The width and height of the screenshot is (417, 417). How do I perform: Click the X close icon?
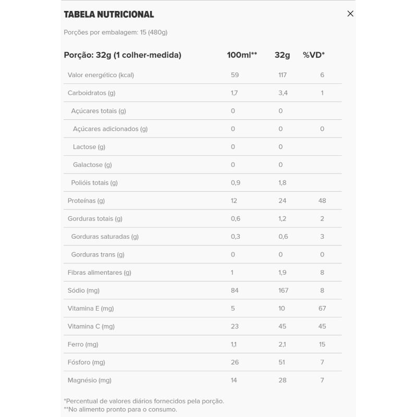[x=350, y=14]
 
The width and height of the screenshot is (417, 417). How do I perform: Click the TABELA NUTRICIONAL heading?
[x=108, y=15]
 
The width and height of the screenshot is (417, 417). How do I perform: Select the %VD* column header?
[x=314, y=55]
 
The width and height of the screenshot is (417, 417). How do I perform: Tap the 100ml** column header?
[x=242, y=55]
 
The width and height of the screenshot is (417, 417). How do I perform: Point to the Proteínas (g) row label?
[x=86, y=201]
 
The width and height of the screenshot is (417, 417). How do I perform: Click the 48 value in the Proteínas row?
[x=322, y=201]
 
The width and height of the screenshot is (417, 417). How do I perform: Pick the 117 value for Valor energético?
[x=283, y=75]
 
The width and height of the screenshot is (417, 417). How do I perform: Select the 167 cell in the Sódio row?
[x=283, y=290]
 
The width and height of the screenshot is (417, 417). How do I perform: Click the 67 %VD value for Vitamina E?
[x=322, y=309]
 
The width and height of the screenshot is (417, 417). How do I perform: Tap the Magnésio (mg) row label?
[x=89, y=381]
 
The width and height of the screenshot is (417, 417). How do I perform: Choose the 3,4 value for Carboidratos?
[x=283, y=93]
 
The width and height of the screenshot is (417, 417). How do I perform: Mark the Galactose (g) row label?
[x=92, y=165]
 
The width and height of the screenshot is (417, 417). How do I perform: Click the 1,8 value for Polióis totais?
[x=283, y=183]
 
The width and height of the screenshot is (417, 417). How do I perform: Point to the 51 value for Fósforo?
[x=282, y=362]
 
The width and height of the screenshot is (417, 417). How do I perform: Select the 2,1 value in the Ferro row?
[x=282, y=345]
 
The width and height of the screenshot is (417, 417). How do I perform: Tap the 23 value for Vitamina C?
[x=235, y=326]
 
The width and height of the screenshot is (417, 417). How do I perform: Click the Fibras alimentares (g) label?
[x=99, y=273]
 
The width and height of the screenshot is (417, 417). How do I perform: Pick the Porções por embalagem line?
[x=115, y=32]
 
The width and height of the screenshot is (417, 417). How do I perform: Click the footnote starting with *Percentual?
[x=144, y=401]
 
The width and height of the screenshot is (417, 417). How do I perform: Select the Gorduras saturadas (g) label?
[x=105, y=237]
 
